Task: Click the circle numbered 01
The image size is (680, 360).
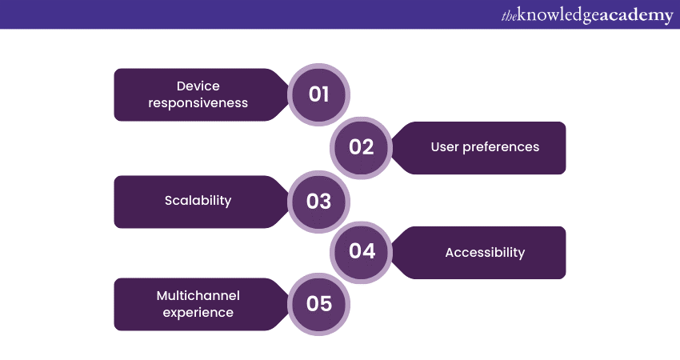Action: click(318, 94)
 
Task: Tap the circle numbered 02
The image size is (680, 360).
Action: click(362, 148)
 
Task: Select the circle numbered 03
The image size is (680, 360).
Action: click(318, 202)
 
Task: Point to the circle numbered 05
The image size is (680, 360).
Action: click(318, 304)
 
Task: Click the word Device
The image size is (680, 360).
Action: click(198, 86)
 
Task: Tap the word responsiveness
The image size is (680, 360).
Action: click(198, 103)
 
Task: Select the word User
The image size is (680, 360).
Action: click(445, 147)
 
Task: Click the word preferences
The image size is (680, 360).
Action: click(501, 147)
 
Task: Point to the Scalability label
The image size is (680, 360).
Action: click(198, 200)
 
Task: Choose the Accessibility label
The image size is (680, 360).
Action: click(485, 253)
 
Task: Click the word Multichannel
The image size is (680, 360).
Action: click(198, 296)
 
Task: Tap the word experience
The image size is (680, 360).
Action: click(198, 313)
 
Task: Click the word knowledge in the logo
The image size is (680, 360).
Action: click(558, 16)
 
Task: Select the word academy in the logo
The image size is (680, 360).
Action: click(636, 17)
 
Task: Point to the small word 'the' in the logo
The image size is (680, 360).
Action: click(510, 17)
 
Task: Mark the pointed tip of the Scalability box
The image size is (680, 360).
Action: click(290, 202)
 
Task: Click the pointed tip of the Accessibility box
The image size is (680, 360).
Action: click(390, 253)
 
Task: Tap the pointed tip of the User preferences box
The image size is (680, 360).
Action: click(390, 148)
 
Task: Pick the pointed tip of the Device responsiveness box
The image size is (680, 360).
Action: click(290, 94)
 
